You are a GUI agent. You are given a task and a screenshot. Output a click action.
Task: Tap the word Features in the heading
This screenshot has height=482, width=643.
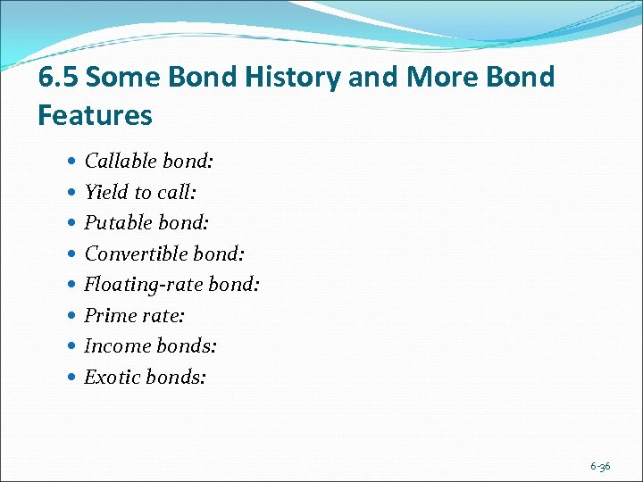pyautogui.click(x=95, y=115)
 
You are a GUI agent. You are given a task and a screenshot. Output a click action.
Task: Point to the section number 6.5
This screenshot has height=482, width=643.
pyautogui.click(x=58, y=78)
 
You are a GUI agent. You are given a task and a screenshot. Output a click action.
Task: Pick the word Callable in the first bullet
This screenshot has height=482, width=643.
pyautogui.click(x=116, y=162)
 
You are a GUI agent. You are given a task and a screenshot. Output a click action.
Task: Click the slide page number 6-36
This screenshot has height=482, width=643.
pyautogui.click(x=600, y=466)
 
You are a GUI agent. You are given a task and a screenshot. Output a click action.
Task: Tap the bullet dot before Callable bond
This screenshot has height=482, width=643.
pyautogui.click(x=72, y=162)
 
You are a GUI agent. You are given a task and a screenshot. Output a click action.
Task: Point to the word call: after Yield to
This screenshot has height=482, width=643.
pyautogui.click(x=177, y=193)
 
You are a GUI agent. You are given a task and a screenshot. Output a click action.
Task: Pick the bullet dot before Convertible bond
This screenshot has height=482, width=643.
pyautogui.click(x=72, y=255)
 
